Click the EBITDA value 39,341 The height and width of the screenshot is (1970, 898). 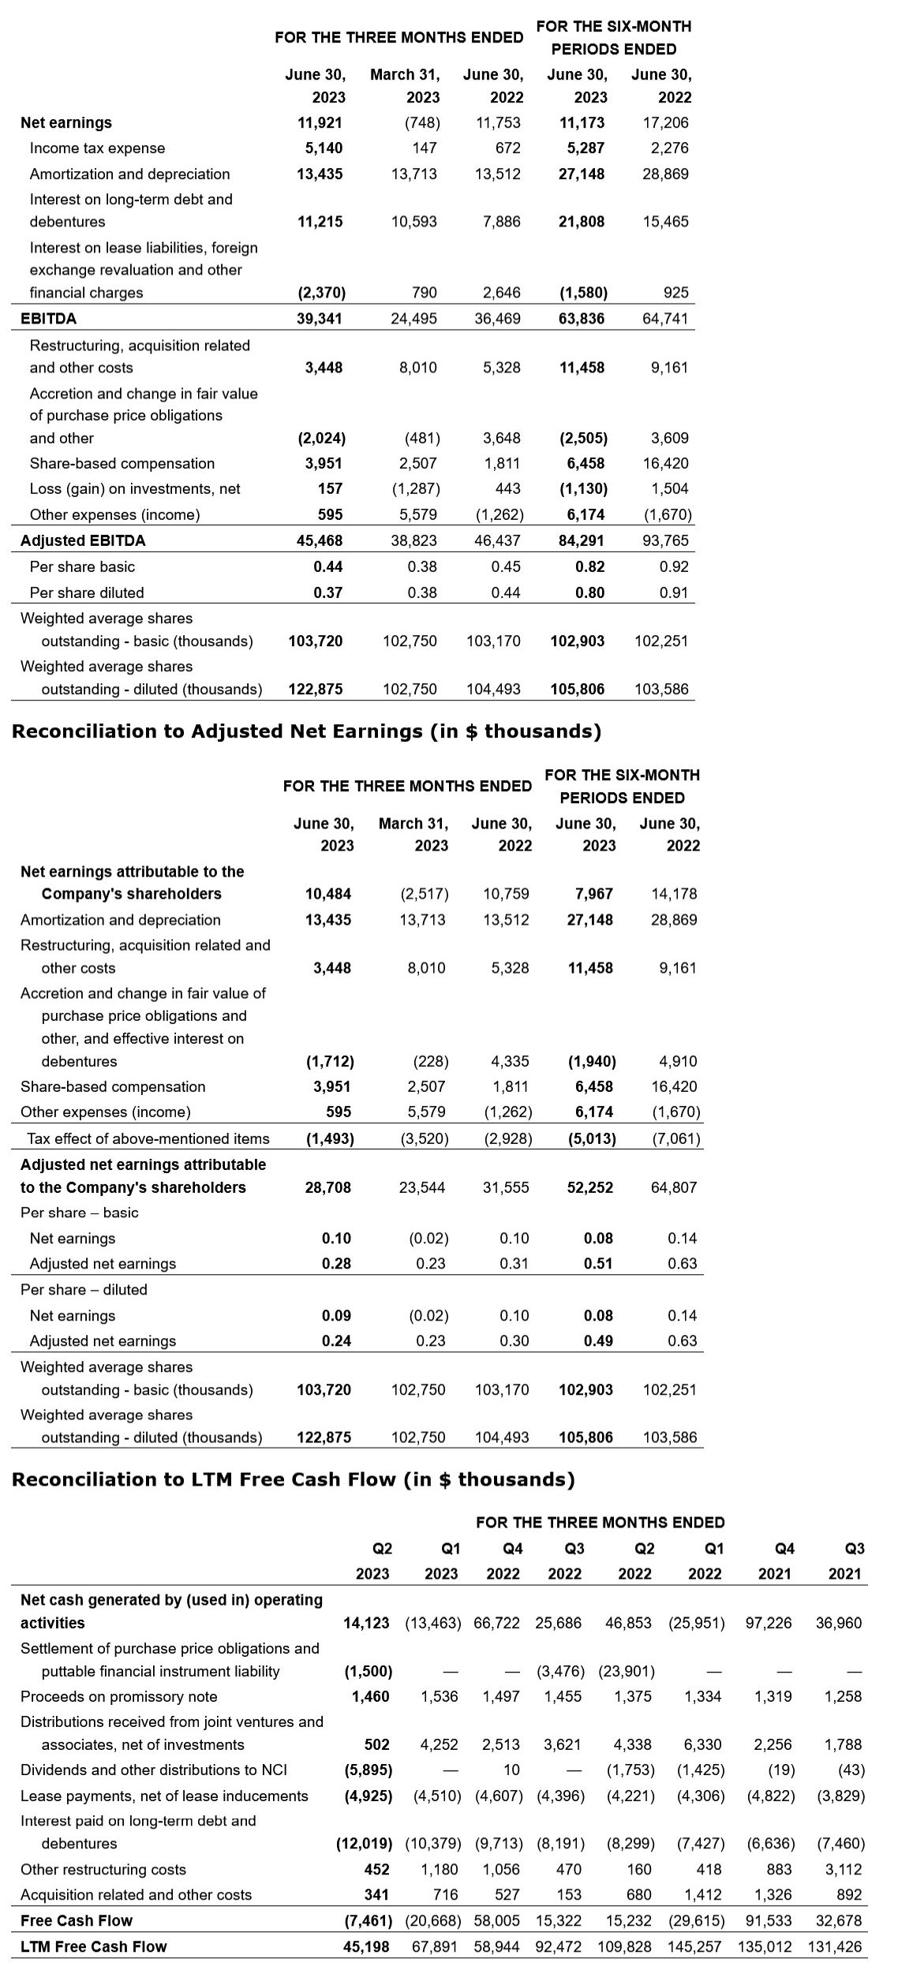pyautogui.click(x=320, y=319)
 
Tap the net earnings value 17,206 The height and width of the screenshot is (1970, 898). pyautogui.click(x=665, y=122)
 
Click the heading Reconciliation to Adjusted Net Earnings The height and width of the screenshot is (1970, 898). pyautogui.click(x=306, y=731)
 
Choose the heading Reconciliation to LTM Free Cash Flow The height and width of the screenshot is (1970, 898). pyautogui.click(x=293, y=1479)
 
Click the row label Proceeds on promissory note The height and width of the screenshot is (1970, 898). pyautogui.click(x=118, y=1696)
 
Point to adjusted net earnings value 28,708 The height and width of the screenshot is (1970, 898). pyautogui.click(x=327, y=1187)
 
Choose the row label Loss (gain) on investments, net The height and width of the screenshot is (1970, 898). pyautogui.click(x=135, y=489)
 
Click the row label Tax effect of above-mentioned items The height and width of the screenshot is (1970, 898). pyautogui.click(x=148, y=1138)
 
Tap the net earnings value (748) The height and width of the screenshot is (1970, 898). pyautogui.click(x=421, y=122)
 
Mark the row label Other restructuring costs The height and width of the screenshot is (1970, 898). pyautogui.click(x=103, y=1869)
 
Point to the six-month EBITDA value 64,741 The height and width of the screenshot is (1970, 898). pyautogui.click(x=665, y=319)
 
